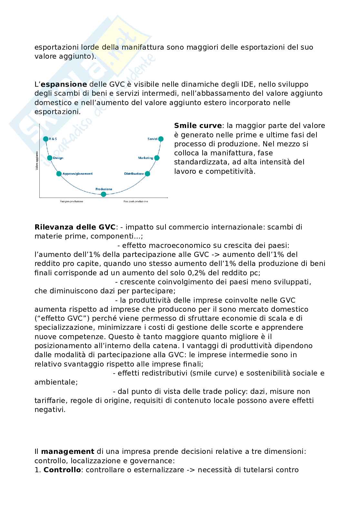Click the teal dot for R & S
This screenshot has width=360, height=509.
[x=45, y=139]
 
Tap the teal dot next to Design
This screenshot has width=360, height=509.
[x=50, y=158]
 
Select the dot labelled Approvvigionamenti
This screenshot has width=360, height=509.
[x=59, y=174]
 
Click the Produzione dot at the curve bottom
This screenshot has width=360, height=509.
[x=104, y=194]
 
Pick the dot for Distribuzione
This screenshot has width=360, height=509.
[x=147, y=174]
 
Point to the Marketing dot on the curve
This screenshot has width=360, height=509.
[x=157, y=158]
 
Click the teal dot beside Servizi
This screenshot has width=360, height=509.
[x=161, y=139]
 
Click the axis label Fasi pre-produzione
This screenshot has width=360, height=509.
[x=71, y=201]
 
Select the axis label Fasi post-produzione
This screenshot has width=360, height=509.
[x=135, y=201]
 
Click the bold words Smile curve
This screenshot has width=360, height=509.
[x=198, y=126]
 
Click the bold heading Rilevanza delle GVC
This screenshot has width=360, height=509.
[x=75, y=227]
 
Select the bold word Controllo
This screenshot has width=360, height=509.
[x=62, y=470]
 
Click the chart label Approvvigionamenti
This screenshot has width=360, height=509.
[x=77, y=174]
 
